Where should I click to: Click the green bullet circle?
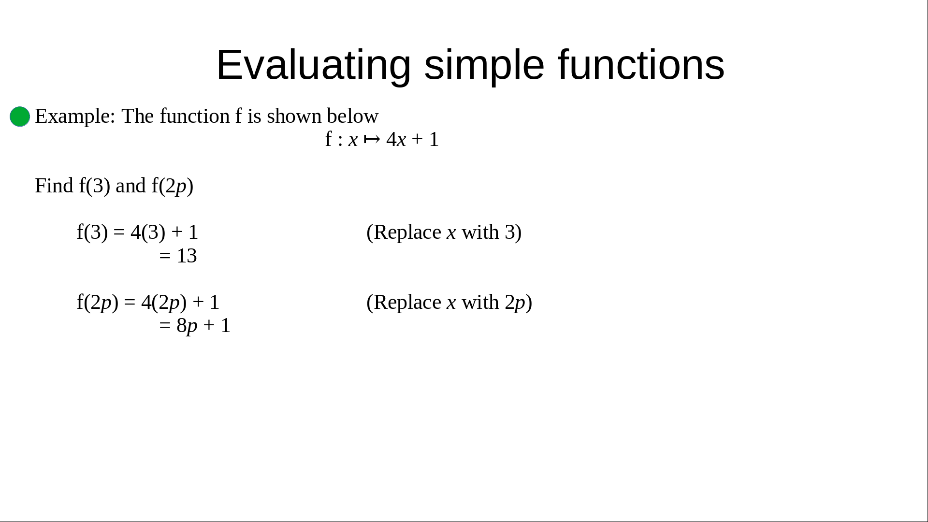pos(20,116)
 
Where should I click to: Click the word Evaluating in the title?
pos(314,65)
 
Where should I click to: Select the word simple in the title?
pos(484,65)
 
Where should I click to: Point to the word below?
pos(352,116)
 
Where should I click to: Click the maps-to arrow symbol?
pos(372,140)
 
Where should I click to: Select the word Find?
pos(54,186)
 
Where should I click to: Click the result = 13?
pos(178,256)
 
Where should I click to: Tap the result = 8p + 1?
pos(195,326)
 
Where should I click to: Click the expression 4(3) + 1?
pos(164,232)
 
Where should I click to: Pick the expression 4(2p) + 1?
pos(180,303)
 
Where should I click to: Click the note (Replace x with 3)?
pos(444,232)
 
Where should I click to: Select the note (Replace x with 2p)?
pos(449,303)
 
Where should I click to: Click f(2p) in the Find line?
pos(173,186)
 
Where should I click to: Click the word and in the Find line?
pos(130,186)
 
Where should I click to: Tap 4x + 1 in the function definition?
pos(412,140)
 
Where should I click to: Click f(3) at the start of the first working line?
pos(92,232)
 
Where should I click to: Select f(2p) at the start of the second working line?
pos(98,303)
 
